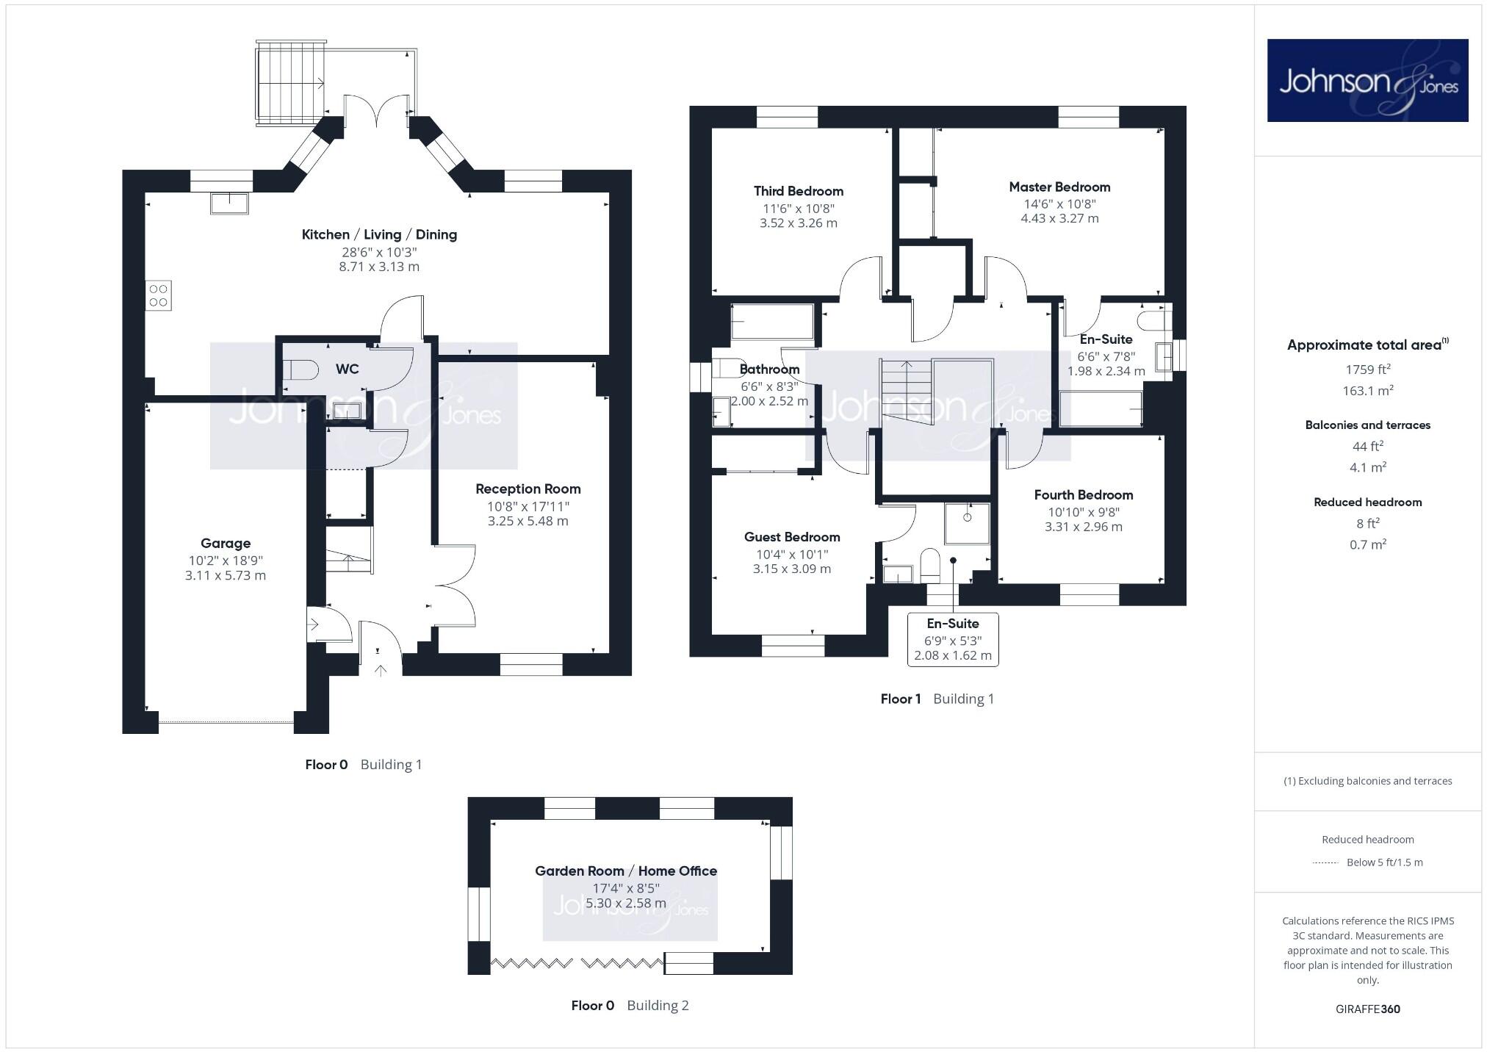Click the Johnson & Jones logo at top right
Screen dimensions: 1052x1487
coord(1367,80)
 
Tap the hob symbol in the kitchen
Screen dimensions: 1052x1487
coord(159,295)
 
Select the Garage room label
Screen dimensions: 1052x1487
coord(226,544)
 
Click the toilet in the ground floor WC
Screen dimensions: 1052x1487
coord(300,369)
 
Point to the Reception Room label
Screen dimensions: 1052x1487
coord(528,489)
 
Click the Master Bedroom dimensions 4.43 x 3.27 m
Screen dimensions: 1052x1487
coord(1059,218)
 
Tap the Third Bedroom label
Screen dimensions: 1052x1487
coord(798,191)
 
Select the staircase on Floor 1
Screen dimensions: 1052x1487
coord(907,389)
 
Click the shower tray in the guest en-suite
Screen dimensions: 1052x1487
coord(967,523)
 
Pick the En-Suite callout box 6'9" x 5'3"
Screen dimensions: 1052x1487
coord(953,640)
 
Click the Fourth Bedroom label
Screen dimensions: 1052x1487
coord(1083,495)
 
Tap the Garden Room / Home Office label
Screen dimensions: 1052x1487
coord(625,871)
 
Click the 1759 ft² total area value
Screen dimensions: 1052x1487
coord(1367,370)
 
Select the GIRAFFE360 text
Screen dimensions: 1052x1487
coord(1367,1009)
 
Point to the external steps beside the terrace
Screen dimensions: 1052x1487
coord(290,82)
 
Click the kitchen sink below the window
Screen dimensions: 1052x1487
coord(229,203)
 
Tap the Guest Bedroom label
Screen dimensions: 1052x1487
coord(791,537)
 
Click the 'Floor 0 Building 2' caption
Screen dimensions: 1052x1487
coord(630,1006)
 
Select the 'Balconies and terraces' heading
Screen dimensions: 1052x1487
coord(1367,425)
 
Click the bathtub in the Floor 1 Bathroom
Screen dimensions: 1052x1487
coord(772,323)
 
